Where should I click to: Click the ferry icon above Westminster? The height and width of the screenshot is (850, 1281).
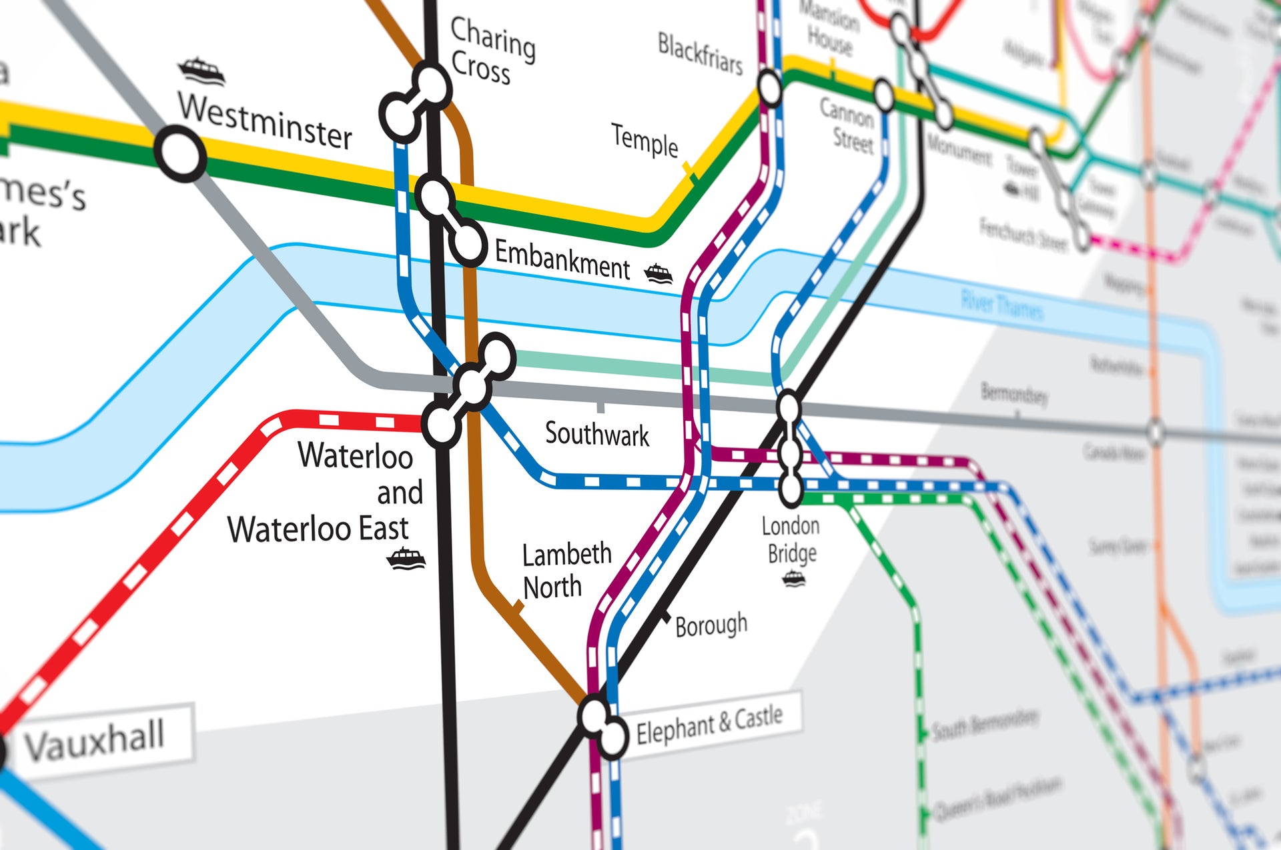click(x=201, y=71)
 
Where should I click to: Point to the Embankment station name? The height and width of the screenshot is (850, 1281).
click(x=562, y=259)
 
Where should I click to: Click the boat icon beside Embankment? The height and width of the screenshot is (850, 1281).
click(x=659, y=273)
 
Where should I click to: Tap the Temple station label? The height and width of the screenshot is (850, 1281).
click(x=644, y=141)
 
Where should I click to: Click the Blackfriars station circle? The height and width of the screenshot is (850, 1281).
click(x=769, y=87)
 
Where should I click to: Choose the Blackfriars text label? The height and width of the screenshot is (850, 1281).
click(x=699, y=53)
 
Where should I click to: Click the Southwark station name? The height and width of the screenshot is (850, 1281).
click(x=596, y=434)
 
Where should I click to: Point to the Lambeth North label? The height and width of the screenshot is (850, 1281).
click(x=566, y=571)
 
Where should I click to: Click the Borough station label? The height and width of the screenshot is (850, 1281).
click(x=711, y=625)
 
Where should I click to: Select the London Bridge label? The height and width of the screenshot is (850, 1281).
click(x=791, y=540)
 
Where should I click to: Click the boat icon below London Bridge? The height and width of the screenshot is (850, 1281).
click(x=793, y=578)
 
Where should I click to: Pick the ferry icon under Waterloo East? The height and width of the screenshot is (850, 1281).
click(x=406, y=558)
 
